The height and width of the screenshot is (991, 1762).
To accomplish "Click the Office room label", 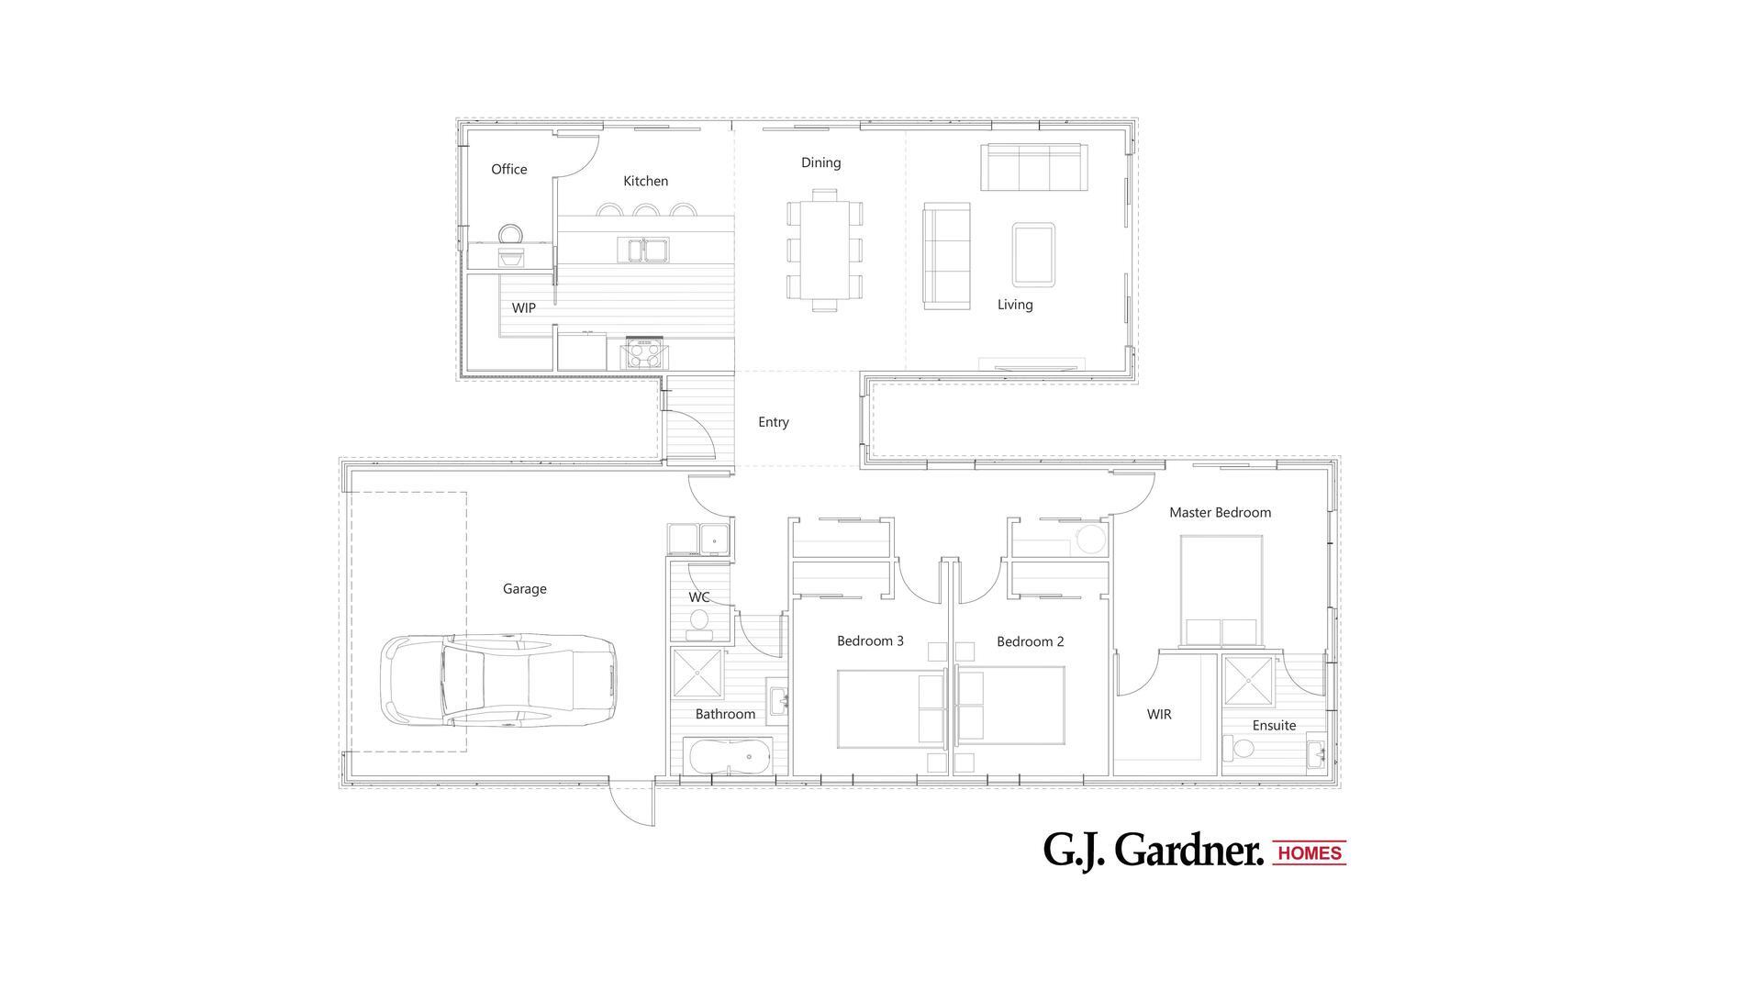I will point(508,169).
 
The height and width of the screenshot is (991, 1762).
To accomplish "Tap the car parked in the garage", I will point(498,680).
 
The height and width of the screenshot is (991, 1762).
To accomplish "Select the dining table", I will point(824,250).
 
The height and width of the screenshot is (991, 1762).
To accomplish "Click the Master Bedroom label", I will point(1220,512).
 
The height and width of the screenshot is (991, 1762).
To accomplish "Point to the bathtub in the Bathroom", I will point(730,757).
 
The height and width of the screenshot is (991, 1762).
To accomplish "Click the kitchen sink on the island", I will point(644,249).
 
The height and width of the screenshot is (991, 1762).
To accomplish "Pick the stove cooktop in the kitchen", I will point(644,352).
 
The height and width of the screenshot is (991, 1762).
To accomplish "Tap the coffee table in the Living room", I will point(1033,254).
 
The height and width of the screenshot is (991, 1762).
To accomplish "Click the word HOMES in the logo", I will point(1310,853).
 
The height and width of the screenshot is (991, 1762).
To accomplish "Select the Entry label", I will point(773,422).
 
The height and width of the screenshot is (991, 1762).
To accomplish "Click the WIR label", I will point(1159,714).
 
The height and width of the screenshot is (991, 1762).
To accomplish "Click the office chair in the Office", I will point(510,235).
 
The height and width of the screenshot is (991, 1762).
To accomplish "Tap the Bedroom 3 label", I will point(870,640).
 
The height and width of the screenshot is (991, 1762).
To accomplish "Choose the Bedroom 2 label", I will point(1030,641).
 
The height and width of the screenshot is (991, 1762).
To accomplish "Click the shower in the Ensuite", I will point(1248,681).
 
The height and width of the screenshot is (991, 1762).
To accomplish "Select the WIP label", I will point(523,307).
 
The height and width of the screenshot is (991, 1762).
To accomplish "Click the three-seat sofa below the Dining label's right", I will point(1033,166).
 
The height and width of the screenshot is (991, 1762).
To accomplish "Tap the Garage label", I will point(524,588).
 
